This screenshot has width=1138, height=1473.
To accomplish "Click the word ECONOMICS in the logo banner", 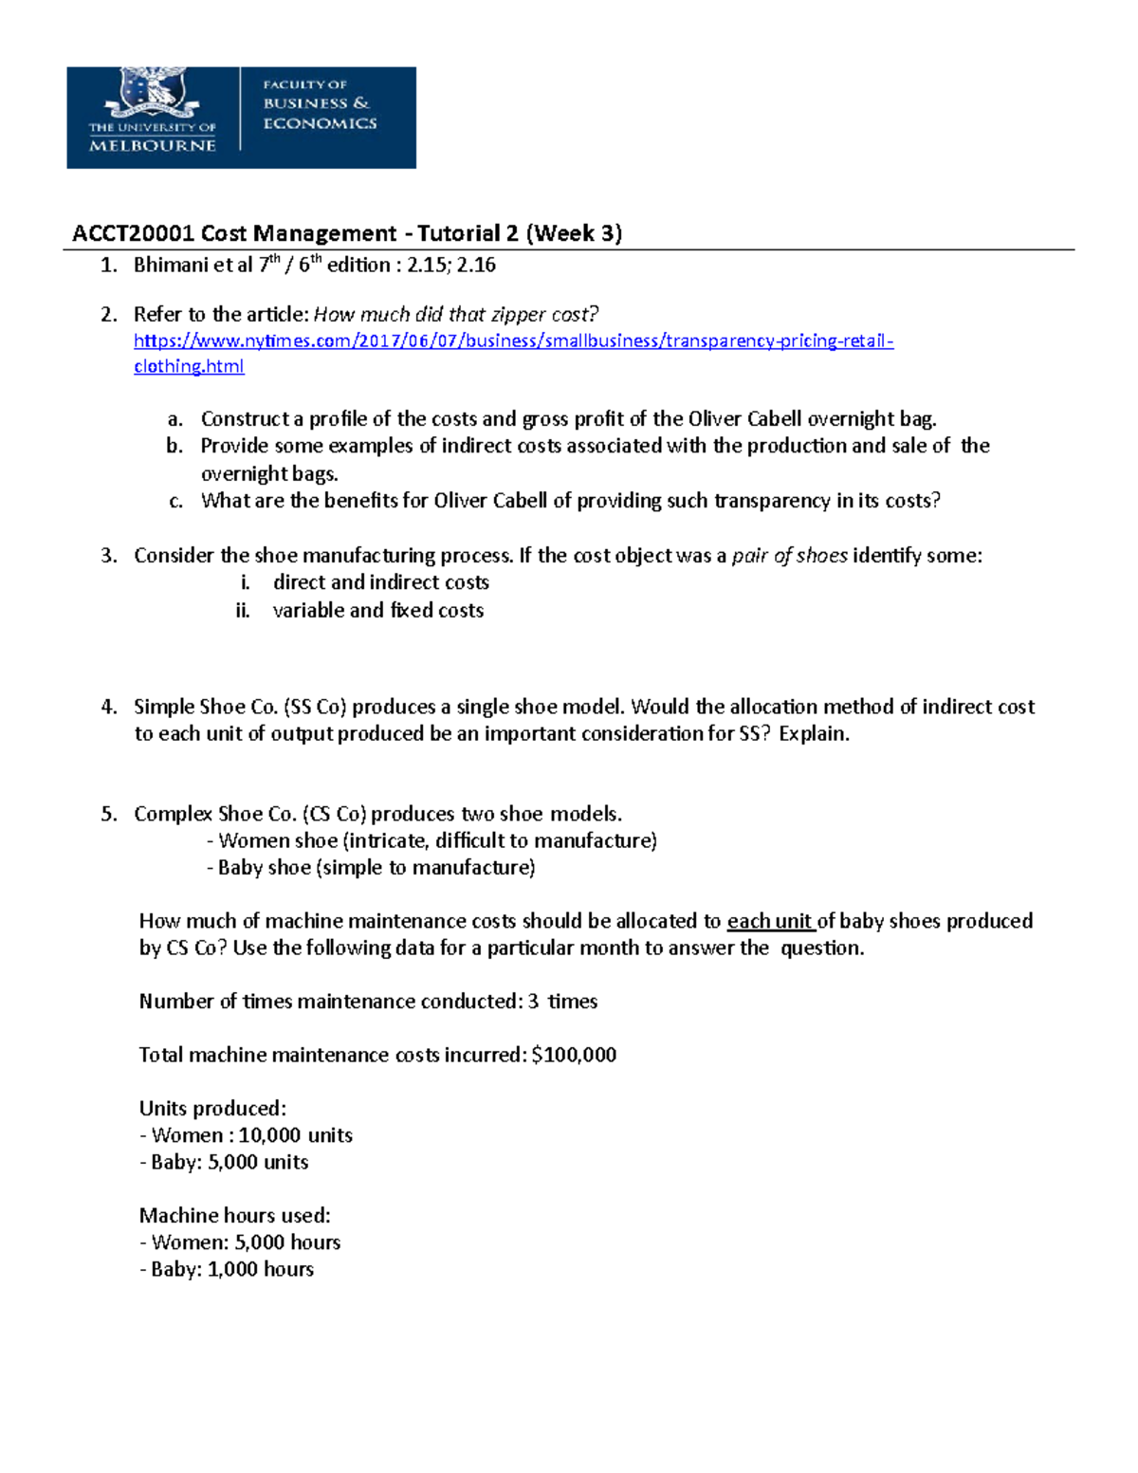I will click(320, 123).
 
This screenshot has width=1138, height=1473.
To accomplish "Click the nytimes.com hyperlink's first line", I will click(513, 341).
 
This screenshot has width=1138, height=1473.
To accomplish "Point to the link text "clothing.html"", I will click(189, 366).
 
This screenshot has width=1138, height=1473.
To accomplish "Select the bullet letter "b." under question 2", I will click(174, 446).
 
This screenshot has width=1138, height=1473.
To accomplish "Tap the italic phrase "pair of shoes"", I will click(789, 556).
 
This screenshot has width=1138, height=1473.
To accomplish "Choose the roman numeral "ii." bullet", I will click(243, 610).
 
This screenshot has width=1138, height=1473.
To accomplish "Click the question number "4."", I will click(109, 707).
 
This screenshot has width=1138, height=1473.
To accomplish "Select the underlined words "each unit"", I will click(769, 921).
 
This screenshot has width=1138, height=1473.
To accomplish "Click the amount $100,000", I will click(574, 1055).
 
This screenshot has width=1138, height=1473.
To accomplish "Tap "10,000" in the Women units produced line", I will click(269, 1135).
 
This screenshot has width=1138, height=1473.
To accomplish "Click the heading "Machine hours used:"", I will click(234, 1215).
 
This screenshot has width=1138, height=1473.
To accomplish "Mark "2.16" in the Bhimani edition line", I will click(476, 265).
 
